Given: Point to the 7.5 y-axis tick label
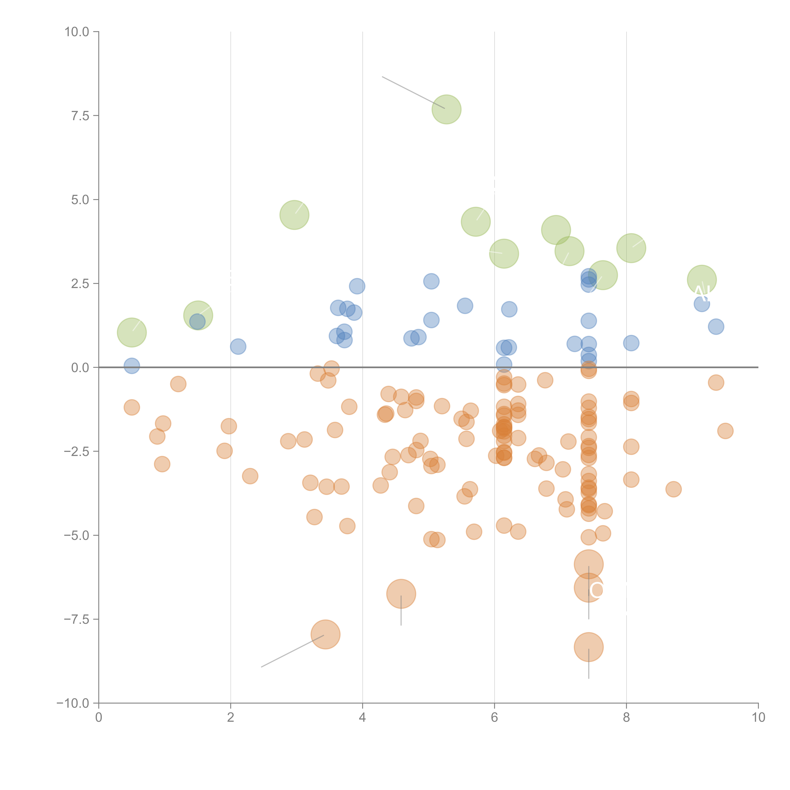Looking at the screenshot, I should pyautogui.click(x=80, y=116).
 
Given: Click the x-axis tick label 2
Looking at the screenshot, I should pyautogui.click(x=231, y=718).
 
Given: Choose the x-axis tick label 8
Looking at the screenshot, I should pyautogui.click(x=626, y=718).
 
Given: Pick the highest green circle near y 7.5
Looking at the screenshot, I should pyautogui.click(x=447, y=109).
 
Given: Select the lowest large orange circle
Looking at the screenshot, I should pyautogui.click(x=588, y=647).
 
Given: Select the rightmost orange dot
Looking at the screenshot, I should pyautogui.click(x=725, y=431).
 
